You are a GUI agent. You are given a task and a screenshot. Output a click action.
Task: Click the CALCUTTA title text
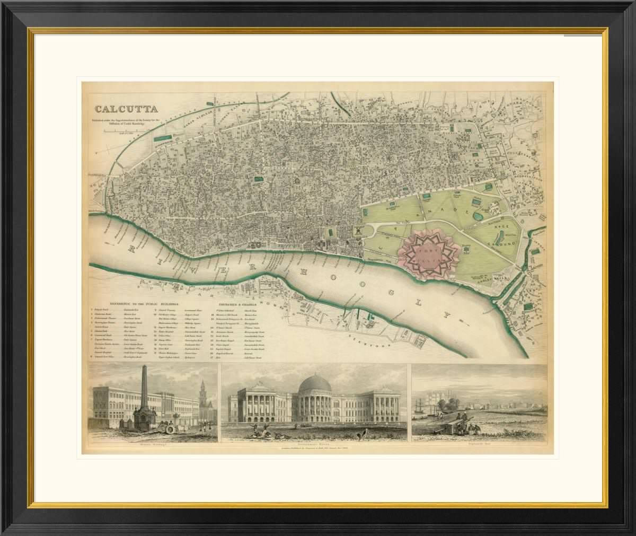[126, 110]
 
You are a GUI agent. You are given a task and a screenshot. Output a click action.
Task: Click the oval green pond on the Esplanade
[478, 216]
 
